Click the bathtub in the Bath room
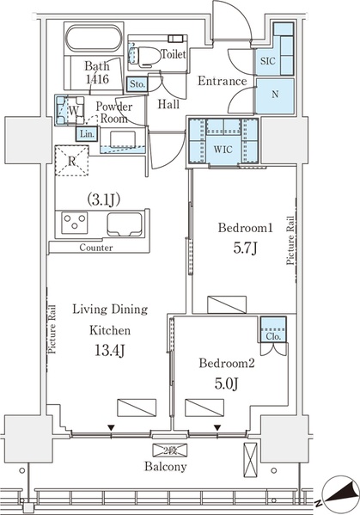[x=94, y=38]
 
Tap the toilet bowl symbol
[x=147, y=54]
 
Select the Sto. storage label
[x=137, y=84]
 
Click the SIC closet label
[x=267, y=61]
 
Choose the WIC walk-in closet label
[x=223, y=150]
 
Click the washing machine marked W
[x=70, y=110]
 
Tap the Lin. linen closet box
[x=88, y=134]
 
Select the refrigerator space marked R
[x=72, y=161]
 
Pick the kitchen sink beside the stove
[x=125, y=224]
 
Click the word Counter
[x=96, y=248]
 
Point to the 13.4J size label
[x=109, y=351]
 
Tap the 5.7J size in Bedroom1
[x=245, y=248]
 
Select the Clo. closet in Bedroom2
[x=273, y=330]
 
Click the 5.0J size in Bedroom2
[x=226, y=383]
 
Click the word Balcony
[x=166, y=467]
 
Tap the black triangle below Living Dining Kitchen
[x=111, y=428]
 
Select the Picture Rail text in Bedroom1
[x=290, y=240]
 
